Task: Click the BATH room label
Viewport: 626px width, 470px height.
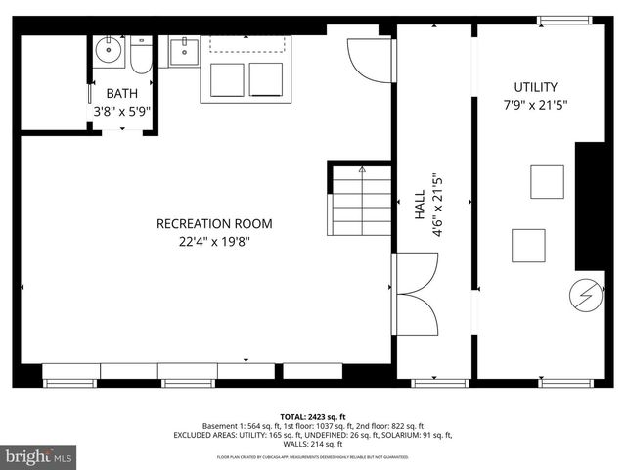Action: (122, 93)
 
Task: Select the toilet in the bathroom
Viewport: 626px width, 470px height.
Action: (141, 57)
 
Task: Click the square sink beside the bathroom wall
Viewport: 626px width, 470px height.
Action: (183, 51)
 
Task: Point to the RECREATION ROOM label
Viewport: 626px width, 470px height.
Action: (214, 224)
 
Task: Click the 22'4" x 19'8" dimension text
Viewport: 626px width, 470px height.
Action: (214, 242)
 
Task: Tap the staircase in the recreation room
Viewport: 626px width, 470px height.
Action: (362, 200)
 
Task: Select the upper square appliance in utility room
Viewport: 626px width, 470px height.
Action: (547, 182)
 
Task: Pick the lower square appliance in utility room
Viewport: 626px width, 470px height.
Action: (528, 245)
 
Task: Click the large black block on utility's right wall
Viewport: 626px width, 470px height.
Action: (590, 206)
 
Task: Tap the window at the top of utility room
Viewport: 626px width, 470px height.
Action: (565, 20)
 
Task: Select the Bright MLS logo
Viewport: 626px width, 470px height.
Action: (39, 456)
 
